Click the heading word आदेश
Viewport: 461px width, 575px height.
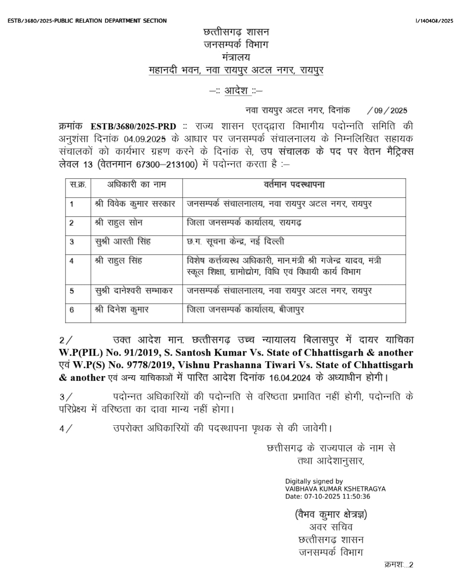click(x=236, y=91)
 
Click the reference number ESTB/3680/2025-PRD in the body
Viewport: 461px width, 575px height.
click(x=133, y=127)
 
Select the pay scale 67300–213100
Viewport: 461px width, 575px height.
click(x=167, y=164)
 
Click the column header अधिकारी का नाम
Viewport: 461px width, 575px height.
click(x=137, y=185)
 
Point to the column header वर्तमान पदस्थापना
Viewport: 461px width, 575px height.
click(x=294, y=185)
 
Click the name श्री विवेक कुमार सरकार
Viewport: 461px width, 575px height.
click(x=135, y=204)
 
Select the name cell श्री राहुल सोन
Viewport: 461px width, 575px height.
click(x=119, y=223)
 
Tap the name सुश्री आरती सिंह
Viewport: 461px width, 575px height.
click(x=123, y=242)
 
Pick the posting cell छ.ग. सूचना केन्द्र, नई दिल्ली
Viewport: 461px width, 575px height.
click(x=235, y=242)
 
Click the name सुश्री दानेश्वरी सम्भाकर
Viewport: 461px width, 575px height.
click(x=134, y=291)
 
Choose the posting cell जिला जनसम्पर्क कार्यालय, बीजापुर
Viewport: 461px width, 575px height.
click(x=245, y=310)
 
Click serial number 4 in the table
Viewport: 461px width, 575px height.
click(x=72, y=261)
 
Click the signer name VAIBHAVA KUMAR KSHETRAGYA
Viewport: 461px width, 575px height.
click(x=335, y=489)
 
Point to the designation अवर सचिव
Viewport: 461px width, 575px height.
click(x=331, y=527)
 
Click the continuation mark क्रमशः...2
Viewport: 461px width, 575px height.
click(x=399, y=565)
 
